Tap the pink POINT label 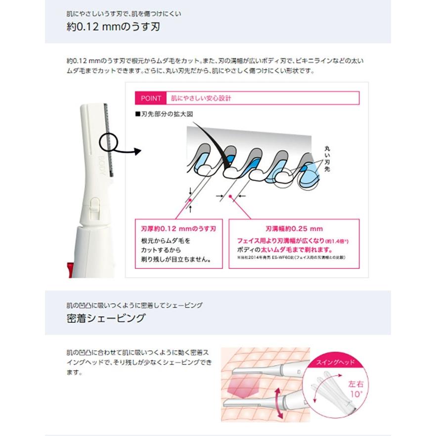point(150,98)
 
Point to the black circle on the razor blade point(109,142)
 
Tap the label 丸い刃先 point(327,158)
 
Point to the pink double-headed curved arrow point(277,395)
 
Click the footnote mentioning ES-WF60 point(290,257)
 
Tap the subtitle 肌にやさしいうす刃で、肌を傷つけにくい point(124,14)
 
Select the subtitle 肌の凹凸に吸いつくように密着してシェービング point(134,305)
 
